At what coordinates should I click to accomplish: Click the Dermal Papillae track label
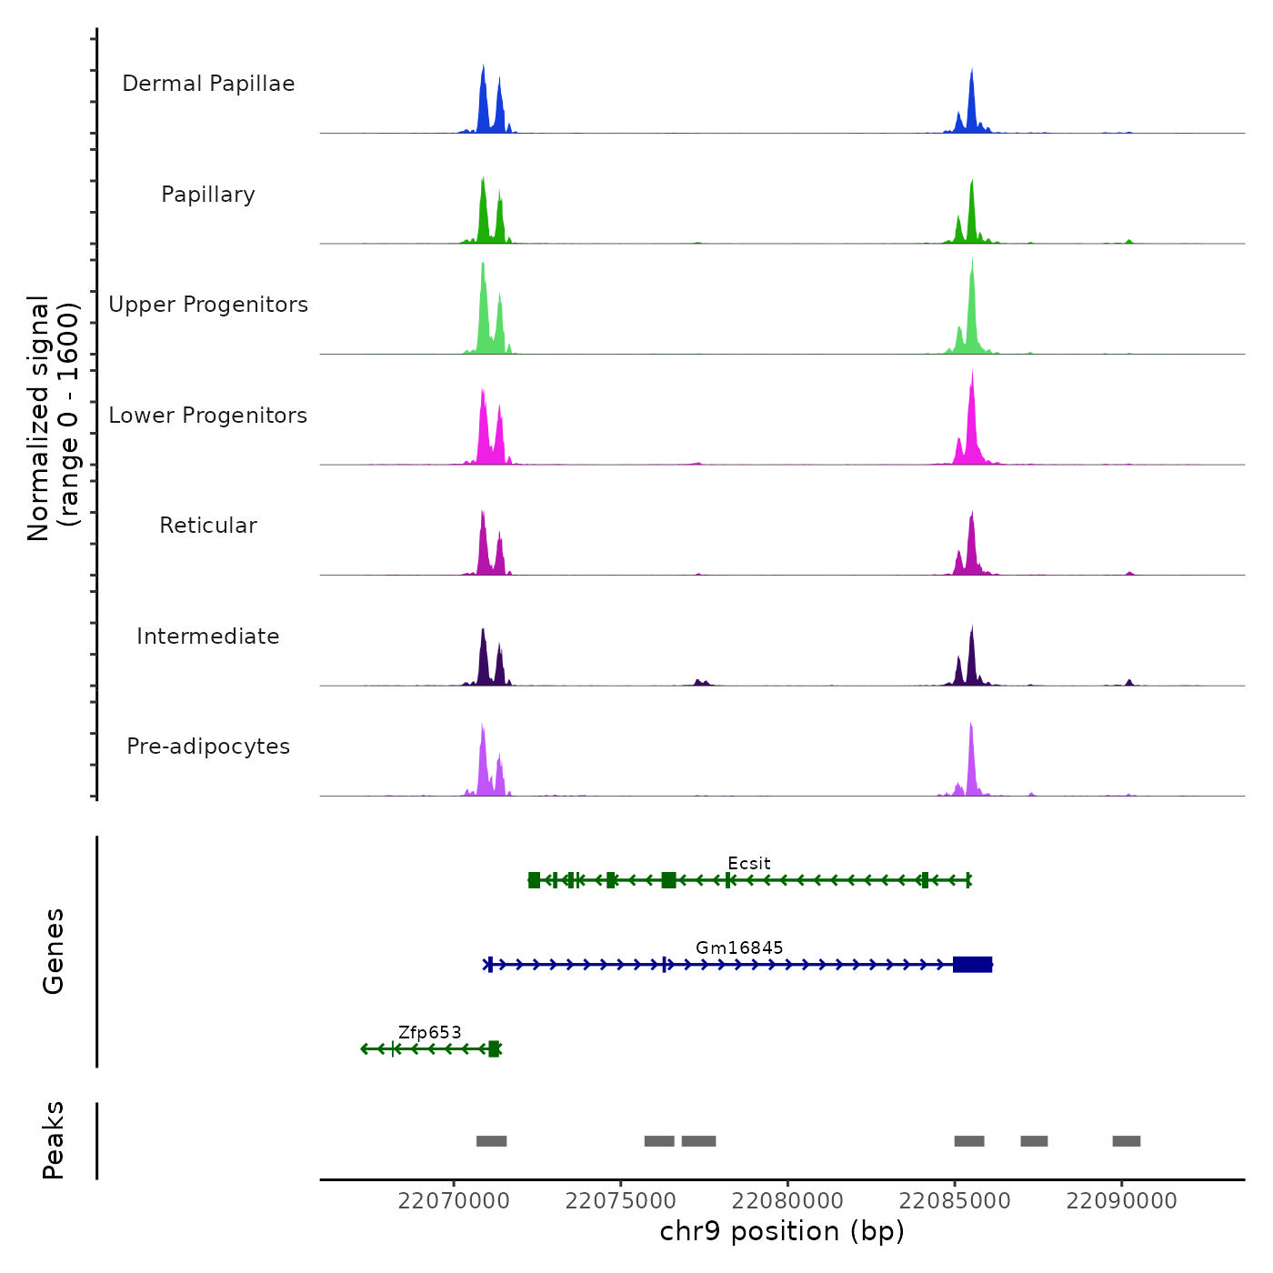pyautogui.click(x=208, y=84)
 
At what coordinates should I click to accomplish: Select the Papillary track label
pyautogui.click(x=208, y=195)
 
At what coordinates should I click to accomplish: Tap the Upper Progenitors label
pyautogui.click(x=208, y=305)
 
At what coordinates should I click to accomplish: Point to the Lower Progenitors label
pyautogui.click(x=208, y=416)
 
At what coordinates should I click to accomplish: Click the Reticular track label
pyautogui.click(x=208, y=526)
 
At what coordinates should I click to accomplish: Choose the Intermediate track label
pyautogui.click(x=208, y=636)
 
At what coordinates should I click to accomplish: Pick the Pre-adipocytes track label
pyautogui.click(x=208, y=747)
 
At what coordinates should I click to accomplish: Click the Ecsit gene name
pyautogui.click(x=748, y=863)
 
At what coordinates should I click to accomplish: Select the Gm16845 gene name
pyautogui.click(x=739, y=947)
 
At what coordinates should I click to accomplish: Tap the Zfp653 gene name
pyautogui.click(x=429, y=1032)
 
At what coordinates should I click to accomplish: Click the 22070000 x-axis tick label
pyautogui.click(x=454, y=1201)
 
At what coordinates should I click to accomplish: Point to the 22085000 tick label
pyautogui.click(x=955, y=1201)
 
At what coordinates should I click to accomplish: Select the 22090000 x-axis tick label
pyautogui.click(x=1121, y=1201)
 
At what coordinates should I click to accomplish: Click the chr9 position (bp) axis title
pyautogui.click(x=782, y=1232)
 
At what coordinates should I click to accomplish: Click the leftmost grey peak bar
pyautogui.click(x=491, y=1141)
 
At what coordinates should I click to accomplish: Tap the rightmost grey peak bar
pyautogui.click(x=1126, y=1141)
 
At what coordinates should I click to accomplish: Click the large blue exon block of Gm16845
pyautogui.click(x=972, y=965)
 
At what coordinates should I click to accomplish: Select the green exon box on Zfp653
pyautogui.click(x=494, y=1049)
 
